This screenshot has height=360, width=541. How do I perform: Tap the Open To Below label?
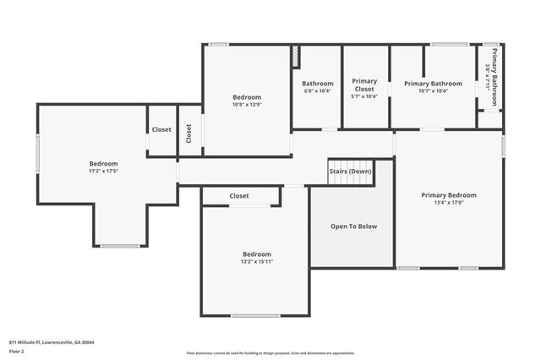(x=353, y=226)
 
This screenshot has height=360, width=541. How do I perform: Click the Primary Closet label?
(x=364, y=85)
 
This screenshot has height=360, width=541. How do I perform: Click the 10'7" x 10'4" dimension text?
(x=433, y=90)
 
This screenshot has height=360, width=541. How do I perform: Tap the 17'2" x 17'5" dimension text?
(x=104, y=171)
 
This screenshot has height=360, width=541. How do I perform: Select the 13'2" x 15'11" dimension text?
(x=257, y=261)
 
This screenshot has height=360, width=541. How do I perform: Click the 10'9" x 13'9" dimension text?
(x=247, y=104)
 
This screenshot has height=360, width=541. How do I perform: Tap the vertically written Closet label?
(x=189, y=133)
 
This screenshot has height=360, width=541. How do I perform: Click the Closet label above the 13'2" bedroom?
(x=239, y=196)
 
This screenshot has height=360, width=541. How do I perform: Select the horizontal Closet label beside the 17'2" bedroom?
(x=161, y=129)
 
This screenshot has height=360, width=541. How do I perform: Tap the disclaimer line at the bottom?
(x=270, y=353)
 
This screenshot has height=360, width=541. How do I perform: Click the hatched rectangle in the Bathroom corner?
(x=296, y=55)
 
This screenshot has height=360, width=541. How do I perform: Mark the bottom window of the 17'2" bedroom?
(x=119, y=246)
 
